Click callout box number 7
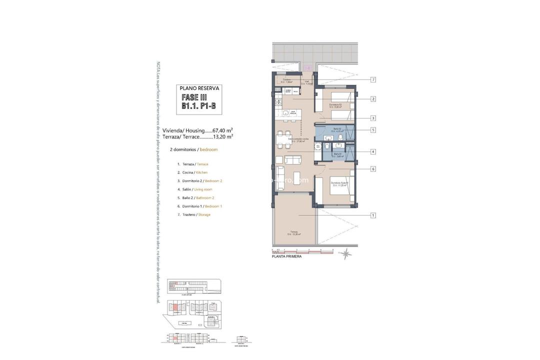tap(373, 79)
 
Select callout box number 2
tap(373, 99)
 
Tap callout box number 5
tap(373, 130)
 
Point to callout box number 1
tap(373, 215)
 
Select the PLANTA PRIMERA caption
tap(286, 256)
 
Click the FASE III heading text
tap(194, 97)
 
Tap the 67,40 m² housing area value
tap(222, 130)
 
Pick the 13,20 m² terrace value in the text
tap(222, 136)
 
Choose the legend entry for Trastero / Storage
tap(193, 214)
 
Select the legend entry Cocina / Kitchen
tap(192, 172)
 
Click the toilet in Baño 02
tap(340, 136)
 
